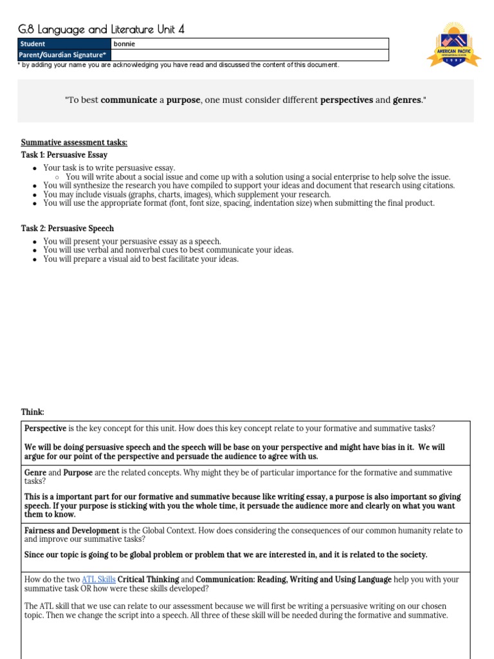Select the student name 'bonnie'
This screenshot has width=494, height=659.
pyautogui.click(x=125, y=44)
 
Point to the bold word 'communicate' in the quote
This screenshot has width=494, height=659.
pyautogui.click(x=129, y=100)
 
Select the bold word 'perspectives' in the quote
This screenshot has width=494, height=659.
pyautogui.click(x=346, y=100)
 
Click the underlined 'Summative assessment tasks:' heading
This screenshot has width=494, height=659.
pyautogui.click(x=74, y=143)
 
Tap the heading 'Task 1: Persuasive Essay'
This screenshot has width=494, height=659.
pyautogui.click(x=64, y=155)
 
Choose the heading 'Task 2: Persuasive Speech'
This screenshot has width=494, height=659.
pyautogui.click(x=68, y=228)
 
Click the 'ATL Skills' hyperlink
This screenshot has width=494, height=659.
pyautogui.click(x=98, y=579)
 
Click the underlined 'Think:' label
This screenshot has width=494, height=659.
pyautogui.click(x=33, y=412)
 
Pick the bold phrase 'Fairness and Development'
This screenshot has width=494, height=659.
pyautogui.click(x=71, y=531)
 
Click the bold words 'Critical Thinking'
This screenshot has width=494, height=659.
pyautogui.click(x=154, y=579)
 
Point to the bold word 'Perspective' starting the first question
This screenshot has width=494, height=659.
pyautogui.click(x=45, y=428)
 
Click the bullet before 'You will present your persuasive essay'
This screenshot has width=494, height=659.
pyautogui.click(x=34, y=242)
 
